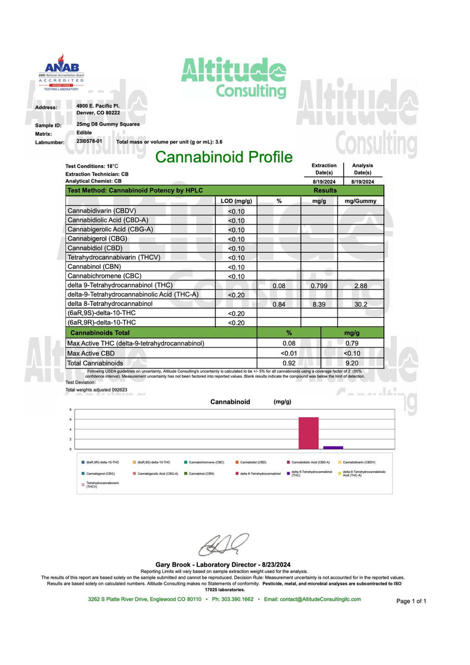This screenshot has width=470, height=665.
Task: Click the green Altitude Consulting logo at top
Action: coord(234,78)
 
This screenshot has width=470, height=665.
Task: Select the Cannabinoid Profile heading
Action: coord(224,157)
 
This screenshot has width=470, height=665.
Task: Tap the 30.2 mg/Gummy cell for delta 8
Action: coord(361,304)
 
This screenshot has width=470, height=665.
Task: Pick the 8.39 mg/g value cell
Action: coord(318,304)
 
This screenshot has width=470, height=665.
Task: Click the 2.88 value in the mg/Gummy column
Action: coord(361,286)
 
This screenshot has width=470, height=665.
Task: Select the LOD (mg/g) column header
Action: coord(236,201)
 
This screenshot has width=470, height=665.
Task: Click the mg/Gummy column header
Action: coord(361,201)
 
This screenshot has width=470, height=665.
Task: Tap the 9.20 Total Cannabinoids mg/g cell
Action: coord(352,363)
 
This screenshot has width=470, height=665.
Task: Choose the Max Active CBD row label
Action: coord(91,353)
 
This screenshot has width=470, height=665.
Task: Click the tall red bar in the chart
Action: coord(308,433)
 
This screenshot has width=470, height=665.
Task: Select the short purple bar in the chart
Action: coord(333,447)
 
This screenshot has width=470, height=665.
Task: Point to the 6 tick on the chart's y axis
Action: coord(71,419)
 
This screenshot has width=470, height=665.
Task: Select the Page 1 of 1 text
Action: coord(411,601)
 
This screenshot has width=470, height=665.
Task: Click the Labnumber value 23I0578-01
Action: coord(89,141)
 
